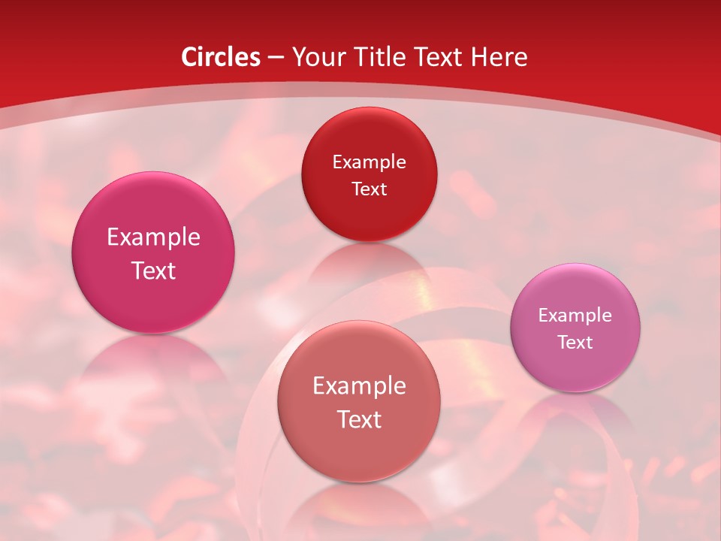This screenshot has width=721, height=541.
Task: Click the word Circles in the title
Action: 221,57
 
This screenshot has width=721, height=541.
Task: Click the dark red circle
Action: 369,174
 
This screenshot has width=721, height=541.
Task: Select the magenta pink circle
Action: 153,252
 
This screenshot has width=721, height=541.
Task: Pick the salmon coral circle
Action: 359,400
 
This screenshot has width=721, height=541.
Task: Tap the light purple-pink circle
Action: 575,328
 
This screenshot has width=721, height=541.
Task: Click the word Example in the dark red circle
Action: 369,162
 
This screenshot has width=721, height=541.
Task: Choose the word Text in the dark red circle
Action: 369,189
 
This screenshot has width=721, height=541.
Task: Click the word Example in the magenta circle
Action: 153,237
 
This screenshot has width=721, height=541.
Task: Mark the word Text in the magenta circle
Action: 153,270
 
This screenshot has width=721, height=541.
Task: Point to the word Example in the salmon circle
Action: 359,386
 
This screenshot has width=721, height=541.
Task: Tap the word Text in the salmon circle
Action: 359,419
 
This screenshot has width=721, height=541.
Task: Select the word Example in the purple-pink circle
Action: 575,315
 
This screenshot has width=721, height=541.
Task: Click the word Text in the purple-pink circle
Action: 575,342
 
